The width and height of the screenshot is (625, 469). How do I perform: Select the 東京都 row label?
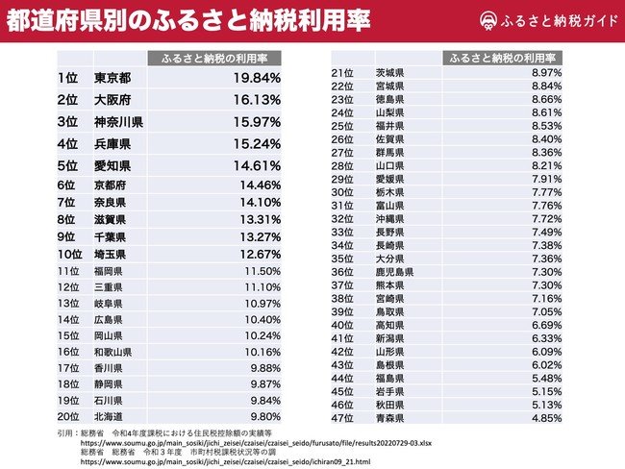(112, 77)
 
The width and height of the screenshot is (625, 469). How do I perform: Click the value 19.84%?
(255, 77)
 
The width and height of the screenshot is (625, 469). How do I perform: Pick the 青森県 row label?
(389, 418)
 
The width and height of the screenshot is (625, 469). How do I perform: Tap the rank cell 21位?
(340, 73)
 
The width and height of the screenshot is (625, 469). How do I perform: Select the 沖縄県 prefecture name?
(389, 219)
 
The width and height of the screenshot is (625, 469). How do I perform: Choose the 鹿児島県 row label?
(393, 272)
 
